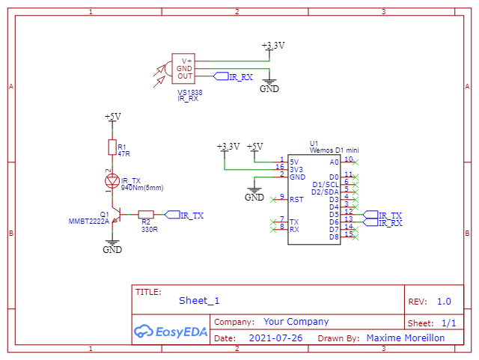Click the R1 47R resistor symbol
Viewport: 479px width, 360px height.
(112, 147)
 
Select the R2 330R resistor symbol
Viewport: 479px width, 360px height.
(146, 215)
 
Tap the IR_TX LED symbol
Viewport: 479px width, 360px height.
(112, 181)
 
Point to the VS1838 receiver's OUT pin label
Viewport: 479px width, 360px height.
(185, 76)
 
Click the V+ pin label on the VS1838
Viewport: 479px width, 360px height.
(186, 61)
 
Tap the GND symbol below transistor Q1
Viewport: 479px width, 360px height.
(112, 247)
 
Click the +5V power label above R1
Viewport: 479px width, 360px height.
(113, 117)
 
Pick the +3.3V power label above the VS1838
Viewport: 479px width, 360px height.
(273, 46)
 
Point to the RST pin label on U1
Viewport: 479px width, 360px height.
(296, 200)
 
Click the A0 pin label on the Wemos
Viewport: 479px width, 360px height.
(335, 162)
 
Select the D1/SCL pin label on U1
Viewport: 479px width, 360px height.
(326, 185)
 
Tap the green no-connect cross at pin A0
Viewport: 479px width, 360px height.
(356, 162)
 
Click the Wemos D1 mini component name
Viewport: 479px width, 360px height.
(335, 150)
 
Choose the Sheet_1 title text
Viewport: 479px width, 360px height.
(199, 301)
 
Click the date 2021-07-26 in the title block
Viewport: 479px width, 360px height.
(275, 338)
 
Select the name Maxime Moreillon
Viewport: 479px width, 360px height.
(406, 338)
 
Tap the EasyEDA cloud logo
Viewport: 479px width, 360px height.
(143, 332)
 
